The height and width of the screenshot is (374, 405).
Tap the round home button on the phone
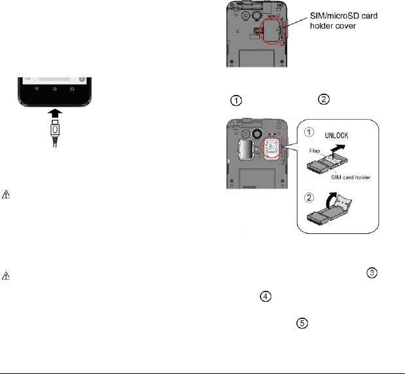(55, 87)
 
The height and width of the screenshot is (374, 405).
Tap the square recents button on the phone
(73, 87)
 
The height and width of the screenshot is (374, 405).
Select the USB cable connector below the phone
(55, 133)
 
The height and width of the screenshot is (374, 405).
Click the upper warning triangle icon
(6, 196)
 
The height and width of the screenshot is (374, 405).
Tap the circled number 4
(266, 297)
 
